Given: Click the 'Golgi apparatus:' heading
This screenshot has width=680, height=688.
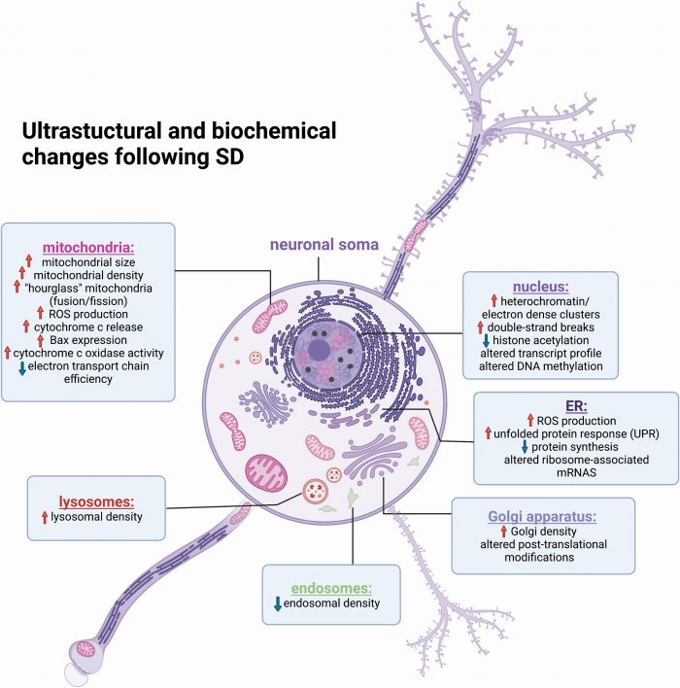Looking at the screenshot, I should point(543,515).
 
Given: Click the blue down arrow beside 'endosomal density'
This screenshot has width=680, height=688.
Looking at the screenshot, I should point(278,604).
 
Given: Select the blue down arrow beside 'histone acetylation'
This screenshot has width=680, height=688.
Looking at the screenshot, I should point(486,341).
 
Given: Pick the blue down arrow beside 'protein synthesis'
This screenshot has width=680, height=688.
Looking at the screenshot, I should point(526,446).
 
